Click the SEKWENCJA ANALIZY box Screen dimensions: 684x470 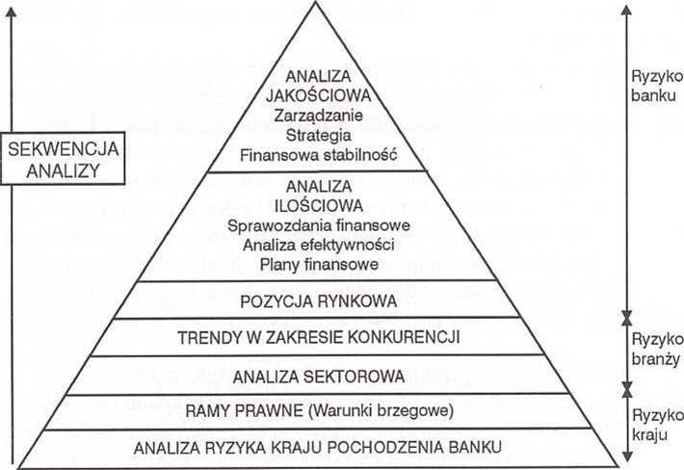click(x=63, y=159)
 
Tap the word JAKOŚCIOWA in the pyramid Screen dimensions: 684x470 click(x=319, y=95)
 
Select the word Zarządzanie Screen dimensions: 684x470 click(x=319, y=116)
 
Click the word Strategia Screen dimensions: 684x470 click(x=319, y=135)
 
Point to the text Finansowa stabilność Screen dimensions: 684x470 click(x=319, y=155)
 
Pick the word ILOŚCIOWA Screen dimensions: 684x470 click(x=319, y=206)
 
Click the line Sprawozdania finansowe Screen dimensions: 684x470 click(x=319, y=225)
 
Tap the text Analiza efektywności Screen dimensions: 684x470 click(x=319, y=245)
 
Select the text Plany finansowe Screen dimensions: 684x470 click(x=319, y=264)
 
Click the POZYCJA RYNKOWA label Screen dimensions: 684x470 click(x=319, y=301)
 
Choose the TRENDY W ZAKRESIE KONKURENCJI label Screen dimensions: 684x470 click(x=319, y=337)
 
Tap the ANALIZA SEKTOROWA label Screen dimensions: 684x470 click(x=319, y=377)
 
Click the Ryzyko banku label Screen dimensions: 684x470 click(x=657, y=86)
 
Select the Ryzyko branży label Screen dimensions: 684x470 click(x=657, y=349)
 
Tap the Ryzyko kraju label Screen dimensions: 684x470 click(x=657, y=425)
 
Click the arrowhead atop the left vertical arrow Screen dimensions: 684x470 click(x=12, y=12)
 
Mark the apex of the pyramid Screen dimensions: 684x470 click(x=315, y=2)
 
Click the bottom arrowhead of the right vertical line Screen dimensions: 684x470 click(x=627, y=457)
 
